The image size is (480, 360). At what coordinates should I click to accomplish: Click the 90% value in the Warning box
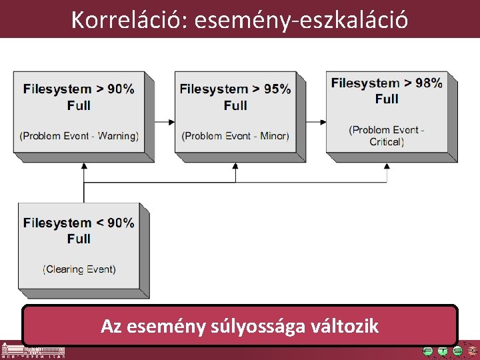[119, 89]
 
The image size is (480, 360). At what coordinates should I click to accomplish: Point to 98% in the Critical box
[428, 83]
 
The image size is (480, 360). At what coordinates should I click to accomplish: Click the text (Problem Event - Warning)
[79, 136]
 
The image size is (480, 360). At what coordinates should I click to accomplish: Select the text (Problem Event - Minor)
[235, 136]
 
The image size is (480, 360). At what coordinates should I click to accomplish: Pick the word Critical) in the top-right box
[387, 141]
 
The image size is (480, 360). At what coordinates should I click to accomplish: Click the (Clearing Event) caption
[79, 269]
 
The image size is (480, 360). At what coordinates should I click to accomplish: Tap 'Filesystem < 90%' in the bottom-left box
[79, 223]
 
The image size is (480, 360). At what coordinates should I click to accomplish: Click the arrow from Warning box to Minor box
[164, 122]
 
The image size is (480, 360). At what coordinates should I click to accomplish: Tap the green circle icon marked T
[443, 351]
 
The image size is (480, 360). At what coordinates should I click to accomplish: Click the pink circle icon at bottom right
[472, 351]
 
